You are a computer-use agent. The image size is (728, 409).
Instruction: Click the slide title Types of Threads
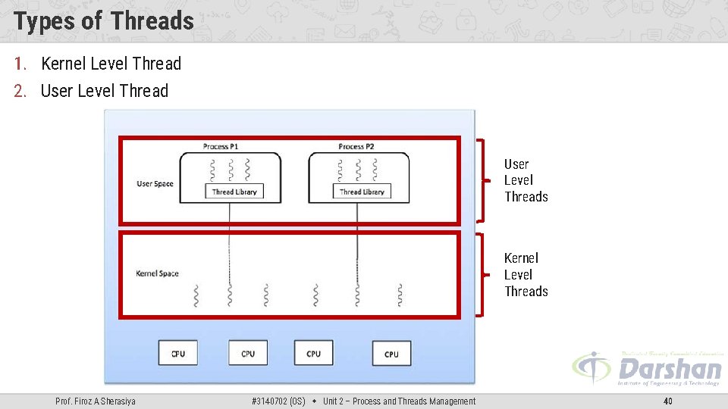[x=104, y=20]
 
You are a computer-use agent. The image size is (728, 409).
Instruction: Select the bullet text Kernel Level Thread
[x=111, y=64]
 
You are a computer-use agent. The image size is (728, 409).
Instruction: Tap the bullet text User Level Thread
[x=104, y=91]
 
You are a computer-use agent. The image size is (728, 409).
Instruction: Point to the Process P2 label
[x=356, y=146]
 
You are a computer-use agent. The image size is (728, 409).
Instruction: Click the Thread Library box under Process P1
[x=234, y=192]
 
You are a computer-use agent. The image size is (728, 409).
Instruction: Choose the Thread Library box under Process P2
[x=362, y=192]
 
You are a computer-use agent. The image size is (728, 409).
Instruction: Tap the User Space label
[x=155, y=184]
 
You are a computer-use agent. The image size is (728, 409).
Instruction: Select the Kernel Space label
[x=157, y=273]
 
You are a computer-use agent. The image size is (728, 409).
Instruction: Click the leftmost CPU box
[x=178, y=353]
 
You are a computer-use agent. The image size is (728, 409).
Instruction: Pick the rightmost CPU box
[x=391, y=354]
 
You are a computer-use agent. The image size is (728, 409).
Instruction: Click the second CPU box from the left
[x=248, y=353]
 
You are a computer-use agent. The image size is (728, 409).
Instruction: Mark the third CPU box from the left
[x=313, y=353]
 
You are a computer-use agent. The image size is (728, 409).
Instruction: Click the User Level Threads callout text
[x=526, y=180]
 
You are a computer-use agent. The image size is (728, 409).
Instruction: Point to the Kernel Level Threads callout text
[x=526, y=275]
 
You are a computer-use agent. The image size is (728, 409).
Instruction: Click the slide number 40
[x=667, y=401]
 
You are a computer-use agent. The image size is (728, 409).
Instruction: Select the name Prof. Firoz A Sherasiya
[x=96, y=401]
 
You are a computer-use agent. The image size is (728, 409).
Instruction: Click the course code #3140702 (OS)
[x=278, y=401]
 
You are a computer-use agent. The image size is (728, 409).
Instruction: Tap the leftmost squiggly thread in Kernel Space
[x=196, y=295]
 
